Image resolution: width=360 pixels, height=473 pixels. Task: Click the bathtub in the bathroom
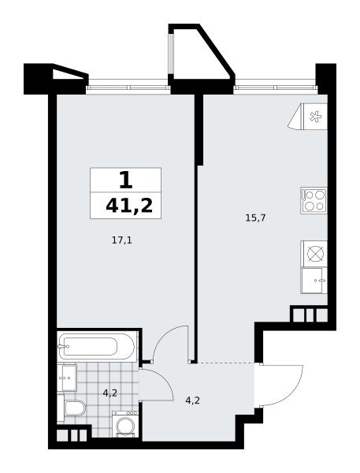[x=97, y=346]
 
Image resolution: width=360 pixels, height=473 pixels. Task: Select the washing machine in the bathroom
[x=125, y=423]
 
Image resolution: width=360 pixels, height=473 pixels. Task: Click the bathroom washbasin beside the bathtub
[x=67, y=378]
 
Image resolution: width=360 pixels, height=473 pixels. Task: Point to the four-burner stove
[x=314, y=200]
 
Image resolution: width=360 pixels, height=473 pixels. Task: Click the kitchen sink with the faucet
[x=314, y=280]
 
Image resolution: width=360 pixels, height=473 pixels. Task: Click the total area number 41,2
[x=129, y=206]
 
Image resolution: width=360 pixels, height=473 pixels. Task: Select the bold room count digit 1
[x=126, y=180]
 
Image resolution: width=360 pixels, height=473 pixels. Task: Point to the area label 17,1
[x=122, y=240]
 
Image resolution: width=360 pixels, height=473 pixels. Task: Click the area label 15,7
[x=255, y=218]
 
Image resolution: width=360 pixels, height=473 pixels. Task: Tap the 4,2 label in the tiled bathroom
[x=109, y=393]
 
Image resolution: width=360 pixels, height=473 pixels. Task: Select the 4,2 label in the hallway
[x=193, y=400]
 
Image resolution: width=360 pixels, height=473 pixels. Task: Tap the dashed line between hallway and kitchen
[x=225, y=363]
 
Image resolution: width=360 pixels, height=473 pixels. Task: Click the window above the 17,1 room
[x=128, y=88]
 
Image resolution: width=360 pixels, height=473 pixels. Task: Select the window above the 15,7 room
[x=276, y=88]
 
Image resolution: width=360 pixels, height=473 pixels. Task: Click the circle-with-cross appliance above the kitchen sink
[x=315, y=253]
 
